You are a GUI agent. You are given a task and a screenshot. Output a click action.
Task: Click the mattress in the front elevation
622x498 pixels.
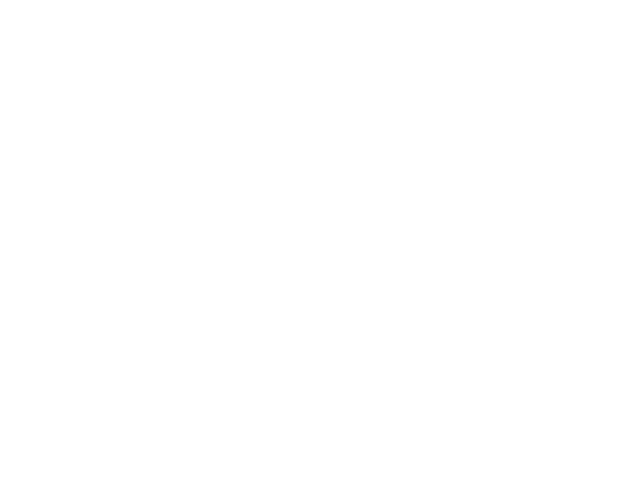pos(177,189)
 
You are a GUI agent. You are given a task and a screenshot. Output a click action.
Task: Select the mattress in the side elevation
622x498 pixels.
pos(455,189)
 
